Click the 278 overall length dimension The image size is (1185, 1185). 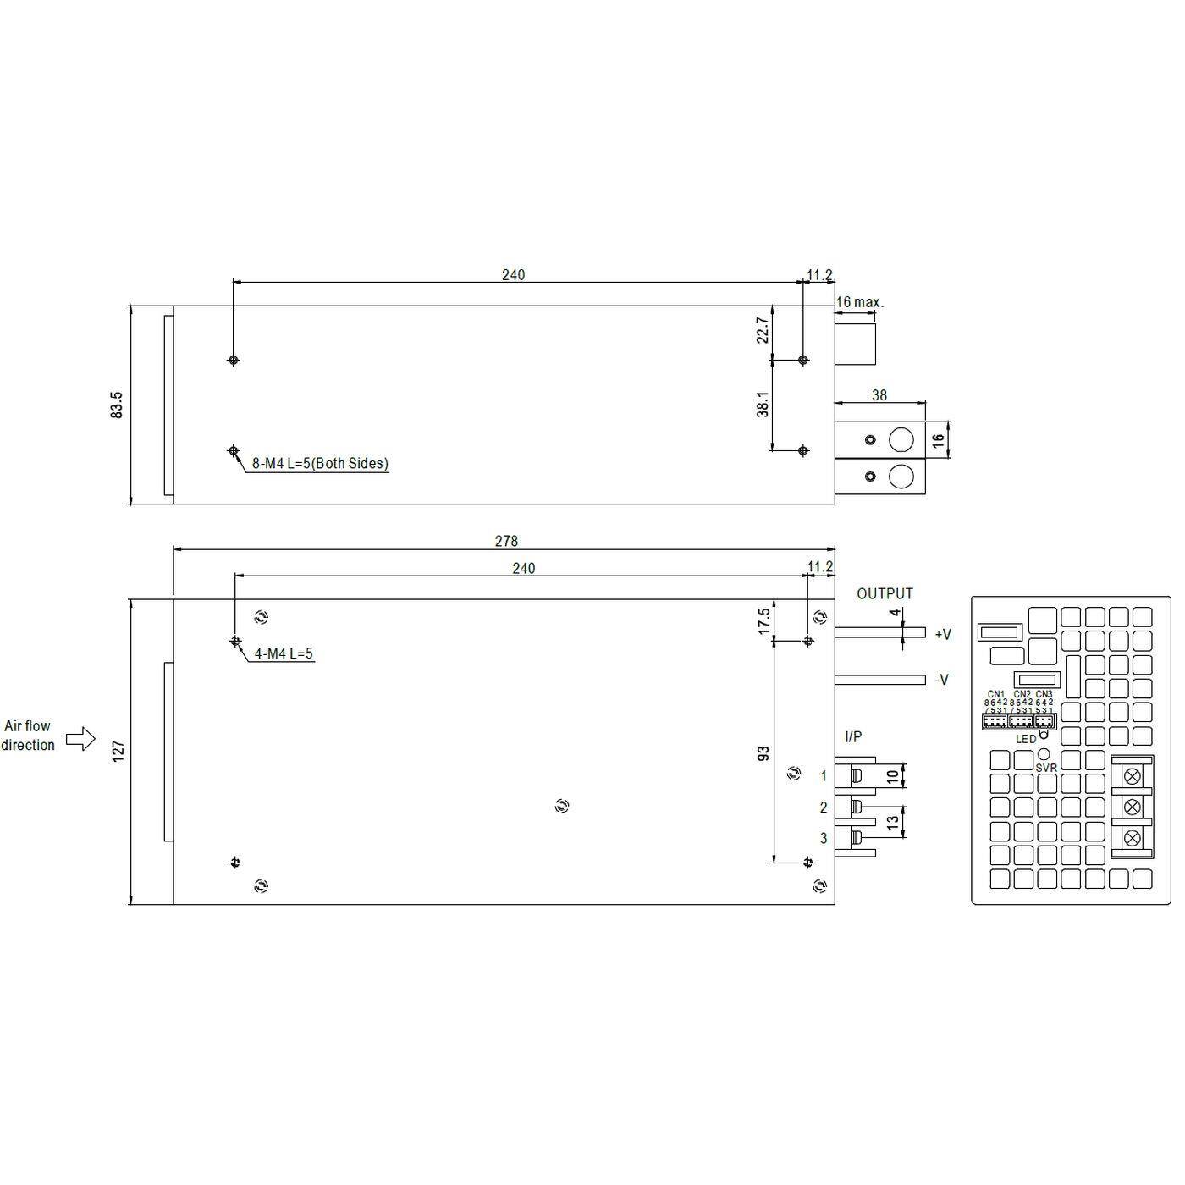506,541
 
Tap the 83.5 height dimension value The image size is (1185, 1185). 117,405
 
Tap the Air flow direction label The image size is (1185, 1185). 27,736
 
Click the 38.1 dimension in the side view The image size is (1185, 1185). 763,404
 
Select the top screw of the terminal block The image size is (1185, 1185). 1132,774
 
